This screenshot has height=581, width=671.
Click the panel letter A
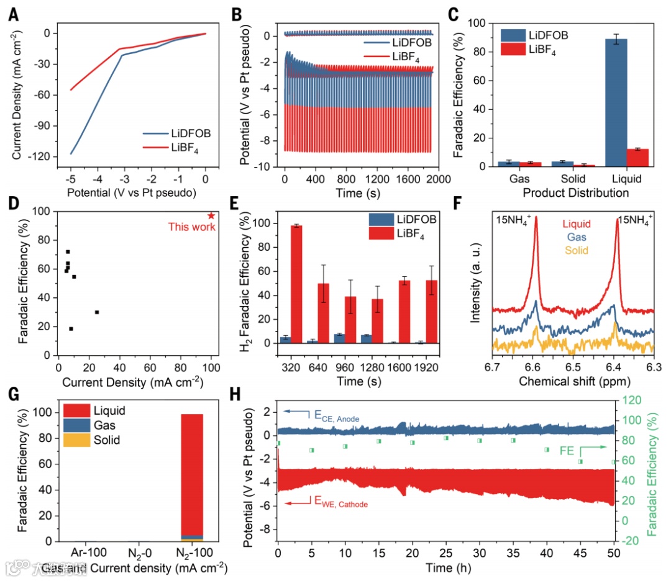[13, 14]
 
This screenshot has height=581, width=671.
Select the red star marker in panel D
[211, 215]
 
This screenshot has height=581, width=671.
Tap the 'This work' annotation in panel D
[192, 227]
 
